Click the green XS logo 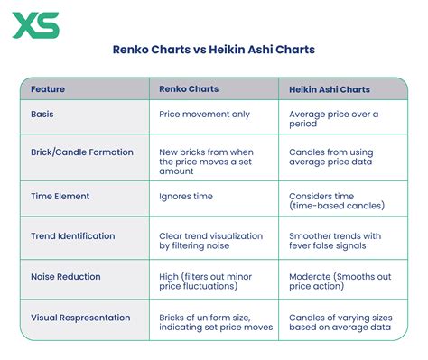click(x=36, y=25)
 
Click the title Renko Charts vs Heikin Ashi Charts click(x=214, y=50)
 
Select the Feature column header click(x=48, y=89)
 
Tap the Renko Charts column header click(x=189, y=89)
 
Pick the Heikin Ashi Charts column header click(x=330, y=89)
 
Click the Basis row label click(x=42, y=115)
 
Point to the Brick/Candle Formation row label click(x=82, y=152)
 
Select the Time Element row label click(x=60, y=197)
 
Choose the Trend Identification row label click(x=73, y=236)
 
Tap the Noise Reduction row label click(x=66, y=277)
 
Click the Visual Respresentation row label click(x=80, y=318)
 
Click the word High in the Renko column click(x=169, y=277)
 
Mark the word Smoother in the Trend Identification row click(x=310, y=236)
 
